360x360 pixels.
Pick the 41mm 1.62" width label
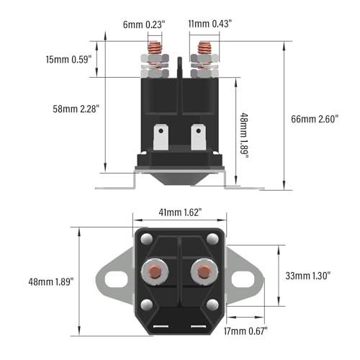(180, 213)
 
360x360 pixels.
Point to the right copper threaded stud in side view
(202, 53)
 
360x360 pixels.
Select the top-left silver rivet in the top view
(147, 238)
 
